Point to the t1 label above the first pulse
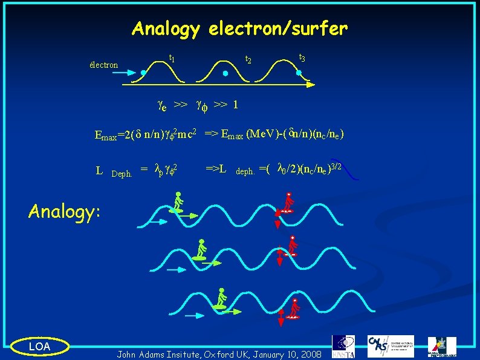[x=172, y=59]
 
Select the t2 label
[x=247, y=60]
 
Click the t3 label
[x=302, y=58]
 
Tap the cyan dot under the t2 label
[x=225, y=73]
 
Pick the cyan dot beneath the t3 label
[x=299, y=73]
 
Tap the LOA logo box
[x=40, y=345]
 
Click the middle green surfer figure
[x=202, y=249]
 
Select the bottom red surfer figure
[x=293, y=306]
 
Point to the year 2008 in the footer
[x=311, y=353]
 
